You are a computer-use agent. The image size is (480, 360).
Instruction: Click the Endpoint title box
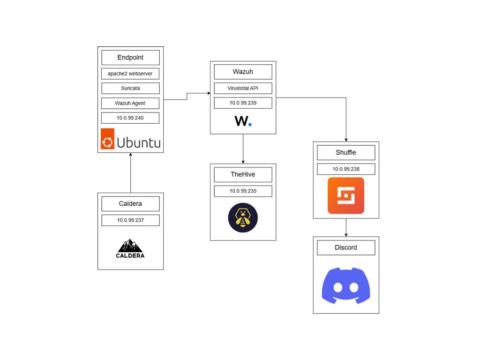(130, 58)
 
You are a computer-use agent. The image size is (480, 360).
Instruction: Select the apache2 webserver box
(130, 74)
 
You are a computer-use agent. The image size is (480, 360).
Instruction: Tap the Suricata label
(130, 88)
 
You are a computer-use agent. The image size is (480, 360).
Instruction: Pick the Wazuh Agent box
(130, 103)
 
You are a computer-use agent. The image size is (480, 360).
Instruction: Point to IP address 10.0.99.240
(130, 118)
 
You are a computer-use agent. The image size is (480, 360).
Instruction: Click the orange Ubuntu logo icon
(107, 139)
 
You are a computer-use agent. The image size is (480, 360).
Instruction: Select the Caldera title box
(130, 204)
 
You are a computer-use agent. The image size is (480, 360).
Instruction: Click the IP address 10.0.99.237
(130, 220)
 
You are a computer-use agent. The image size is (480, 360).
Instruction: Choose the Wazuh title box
(243, 72)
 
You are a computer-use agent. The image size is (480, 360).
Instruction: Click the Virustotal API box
(243, 88)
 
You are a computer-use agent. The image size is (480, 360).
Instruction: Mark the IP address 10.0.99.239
(243, 103)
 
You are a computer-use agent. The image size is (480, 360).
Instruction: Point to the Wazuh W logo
(243, 121)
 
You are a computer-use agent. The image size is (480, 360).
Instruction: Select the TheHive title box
(243, 175)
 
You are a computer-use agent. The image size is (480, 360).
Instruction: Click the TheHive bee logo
(243, 218)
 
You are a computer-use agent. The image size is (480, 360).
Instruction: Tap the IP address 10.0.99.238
(346, 169)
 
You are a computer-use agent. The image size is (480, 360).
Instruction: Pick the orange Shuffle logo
(346, 195)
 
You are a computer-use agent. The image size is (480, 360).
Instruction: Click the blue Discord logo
(346, 285)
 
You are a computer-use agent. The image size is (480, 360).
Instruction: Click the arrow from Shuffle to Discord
(346, 227)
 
